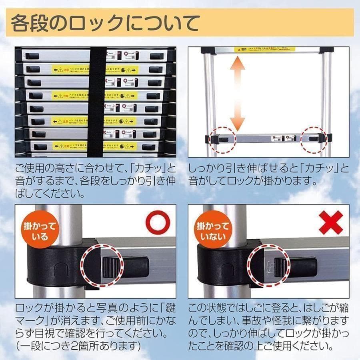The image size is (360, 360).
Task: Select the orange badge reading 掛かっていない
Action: tap(212, 231)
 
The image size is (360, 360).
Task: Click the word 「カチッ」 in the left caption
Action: tap(142, 168)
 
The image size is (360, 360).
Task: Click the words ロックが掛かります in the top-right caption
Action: tap(267, 180)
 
